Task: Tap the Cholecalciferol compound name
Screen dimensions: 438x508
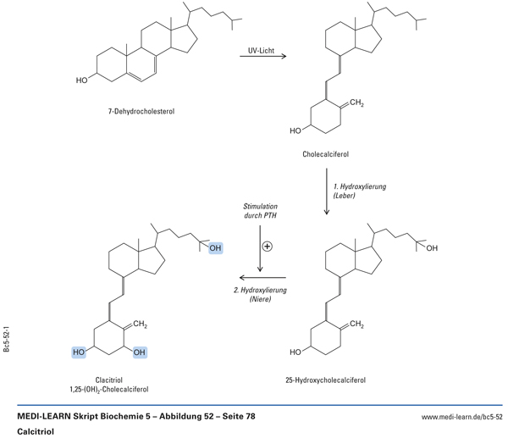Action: pos(325,154)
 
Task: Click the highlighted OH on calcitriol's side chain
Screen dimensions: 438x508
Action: pos(214,248)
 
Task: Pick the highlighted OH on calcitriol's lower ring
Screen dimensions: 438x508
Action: pos(140,352)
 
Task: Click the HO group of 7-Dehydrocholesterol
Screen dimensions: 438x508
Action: pos(81,81)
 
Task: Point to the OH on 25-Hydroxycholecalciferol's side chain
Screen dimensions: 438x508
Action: pos(432,248)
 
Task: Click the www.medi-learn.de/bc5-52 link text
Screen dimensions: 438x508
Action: pos(461,418)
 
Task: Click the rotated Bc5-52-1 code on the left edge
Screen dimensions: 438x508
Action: pos(7,341)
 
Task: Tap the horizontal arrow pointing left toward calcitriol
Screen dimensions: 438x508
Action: pos(261,277)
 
